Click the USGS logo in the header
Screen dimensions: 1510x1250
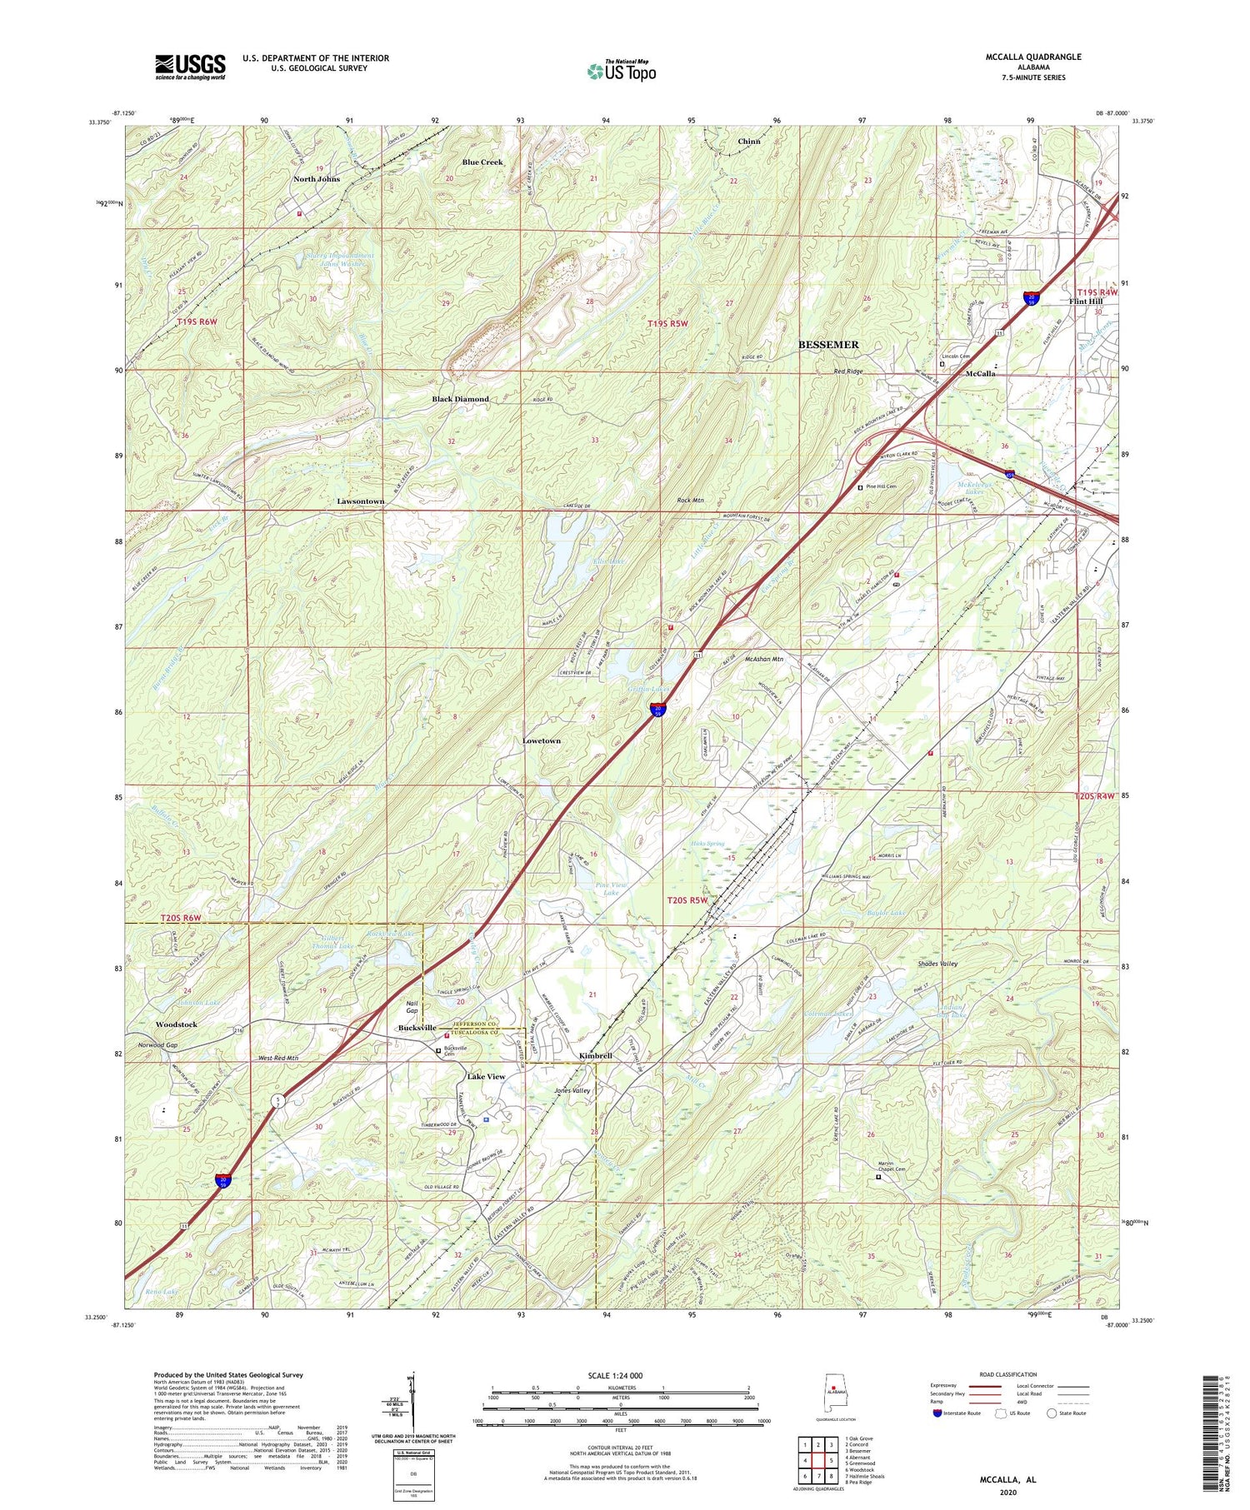[x=190, y=67]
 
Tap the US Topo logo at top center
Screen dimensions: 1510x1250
[x=621, y=72]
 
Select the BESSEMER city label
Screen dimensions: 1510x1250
[x=828, y=344]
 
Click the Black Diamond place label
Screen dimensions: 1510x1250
[x=460, y=399]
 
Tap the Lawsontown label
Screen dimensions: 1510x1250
[x=360, y=501]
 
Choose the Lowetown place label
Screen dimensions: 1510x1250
[x=541, y=740]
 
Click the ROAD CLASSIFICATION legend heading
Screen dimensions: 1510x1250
[x=1002, y=1374]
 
